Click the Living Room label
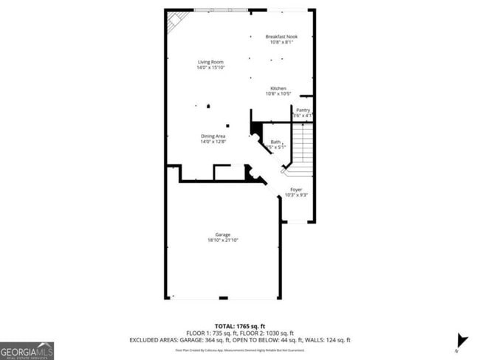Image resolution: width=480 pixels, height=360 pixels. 210,62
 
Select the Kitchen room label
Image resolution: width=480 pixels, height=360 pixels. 278,89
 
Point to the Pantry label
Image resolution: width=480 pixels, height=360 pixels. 303,110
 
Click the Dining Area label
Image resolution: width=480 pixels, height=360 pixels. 213,136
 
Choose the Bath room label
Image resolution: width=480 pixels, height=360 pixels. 275,142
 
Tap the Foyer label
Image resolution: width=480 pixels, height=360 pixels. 295,190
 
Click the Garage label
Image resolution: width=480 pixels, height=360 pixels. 223,235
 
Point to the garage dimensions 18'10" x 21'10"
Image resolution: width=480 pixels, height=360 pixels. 223,240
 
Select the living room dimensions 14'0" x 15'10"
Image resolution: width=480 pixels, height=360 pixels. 210,68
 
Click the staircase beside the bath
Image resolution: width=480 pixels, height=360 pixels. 303,148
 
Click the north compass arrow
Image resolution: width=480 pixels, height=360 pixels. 462,340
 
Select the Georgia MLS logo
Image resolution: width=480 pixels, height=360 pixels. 27,350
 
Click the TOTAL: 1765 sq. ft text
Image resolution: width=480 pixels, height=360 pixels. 240,325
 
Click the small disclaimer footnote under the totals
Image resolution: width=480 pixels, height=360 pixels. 240,350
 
